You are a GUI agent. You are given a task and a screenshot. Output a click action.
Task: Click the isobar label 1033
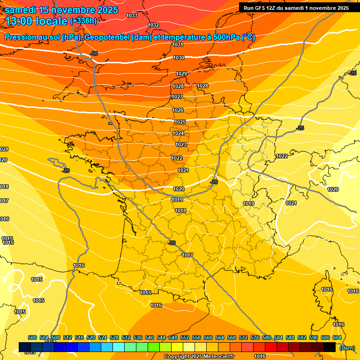click(x=132, y=15)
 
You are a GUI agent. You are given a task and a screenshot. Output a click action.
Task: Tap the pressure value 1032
click(x=153, y=25)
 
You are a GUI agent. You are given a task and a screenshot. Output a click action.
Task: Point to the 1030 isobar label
click(x=179, y=58)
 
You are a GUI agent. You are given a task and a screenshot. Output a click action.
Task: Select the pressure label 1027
click(x=177, y=97)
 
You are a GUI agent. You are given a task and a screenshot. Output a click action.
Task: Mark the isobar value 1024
click(x=178, y=133)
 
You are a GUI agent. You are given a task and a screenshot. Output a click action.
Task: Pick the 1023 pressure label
click(x=181, y=144)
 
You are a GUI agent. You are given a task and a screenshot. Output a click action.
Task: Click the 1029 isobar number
click(x=181, y=74)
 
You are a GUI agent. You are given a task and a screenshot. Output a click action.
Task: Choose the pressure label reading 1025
click(x=180, y=122)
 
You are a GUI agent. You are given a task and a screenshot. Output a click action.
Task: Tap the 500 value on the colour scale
click(x=32, y=337)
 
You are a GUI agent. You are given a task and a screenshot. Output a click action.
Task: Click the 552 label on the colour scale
click(x=185, y=337)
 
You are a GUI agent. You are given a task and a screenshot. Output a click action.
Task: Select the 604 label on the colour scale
click(x=337, y=337)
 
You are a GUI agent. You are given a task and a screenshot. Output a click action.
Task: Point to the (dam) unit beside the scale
click(x=347, y=347)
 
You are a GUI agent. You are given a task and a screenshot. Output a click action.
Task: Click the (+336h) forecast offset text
click(x=83, y=21)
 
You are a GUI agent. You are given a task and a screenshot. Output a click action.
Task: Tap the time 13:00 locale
click(x=37, y=21)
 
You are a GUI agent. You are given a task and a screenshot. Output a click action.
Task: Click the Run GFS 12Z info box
click(x=295, y=7)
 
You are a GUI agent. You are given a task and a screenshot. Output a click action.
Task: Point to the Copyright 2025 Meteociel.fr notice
click(x=198, y=356)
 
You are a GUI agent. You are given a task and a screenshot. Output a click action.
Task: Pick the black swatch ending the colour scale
click(x=330, y=347)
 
